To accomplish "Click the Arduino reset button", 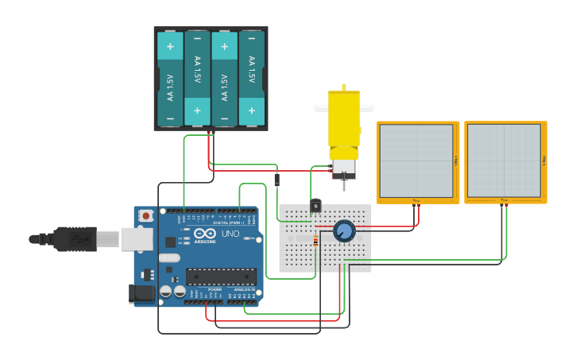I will coord(146,215).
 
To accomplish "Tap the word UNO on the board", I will coord(230,234).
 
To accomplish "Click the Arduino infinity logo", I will coord(204,234).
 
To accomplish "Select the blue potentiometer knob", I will coord(343,230).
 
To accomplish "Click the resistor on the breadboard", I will coord(316,240).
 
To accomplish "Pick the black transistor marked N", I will coord(315,206).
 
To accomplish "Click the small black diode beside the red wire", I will coord(276,180).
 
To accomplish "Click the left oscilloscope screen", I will coord(417,161).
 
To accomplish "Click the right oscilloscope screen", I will coord(504,161).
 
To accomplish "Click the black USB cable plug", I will coord(75,238).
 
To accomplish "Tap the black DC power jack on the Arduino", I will coord(143,293).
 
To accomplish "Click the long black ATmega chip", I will coord(221,277).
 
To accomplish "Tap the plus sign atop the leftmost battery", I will coord(170,45).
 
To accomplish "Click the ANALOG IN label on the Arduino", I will coord(243,290).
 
